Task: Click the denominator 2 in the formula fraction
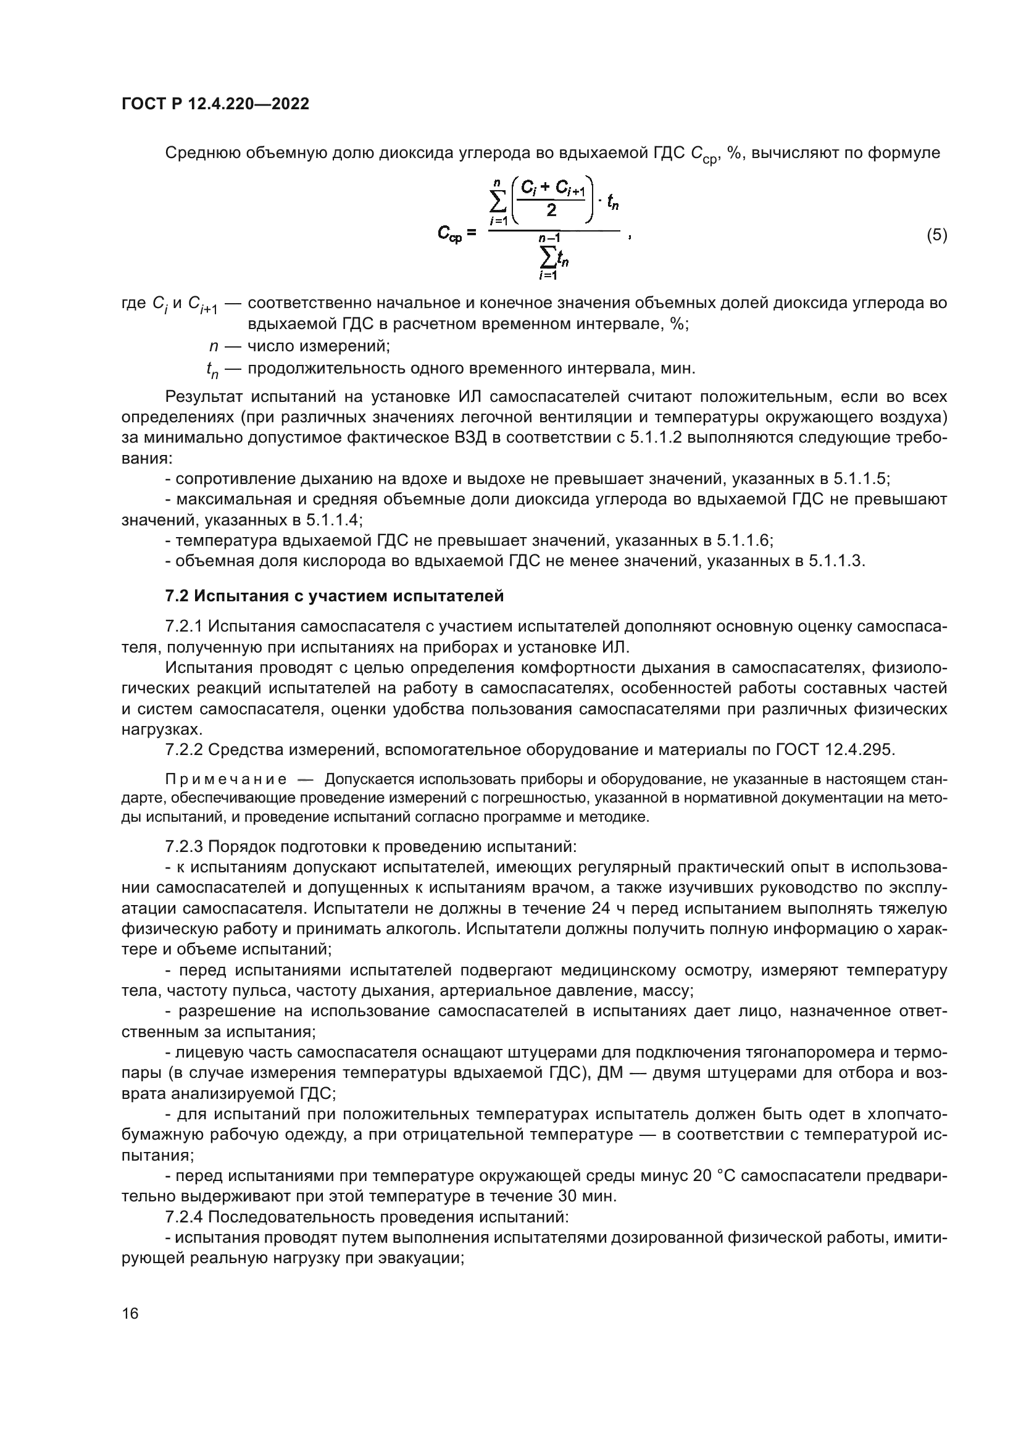pyautogui.click(x=551, y=211)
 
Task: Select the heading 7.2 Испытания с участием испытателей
pyautogui.click(x=334, y=596)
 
